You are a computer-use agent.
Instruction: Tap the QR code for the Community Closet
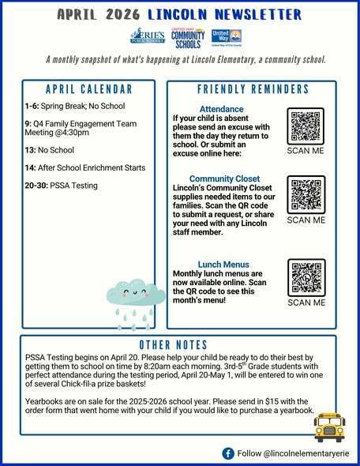(x=306, y=195)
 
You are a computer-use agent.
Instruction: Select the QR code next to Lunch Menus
(x=306, y=276)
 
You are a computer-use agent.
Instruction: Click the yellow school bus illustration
(x=328, y=427)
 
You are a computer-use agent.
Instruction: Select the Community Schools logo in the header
(x=188, y=37)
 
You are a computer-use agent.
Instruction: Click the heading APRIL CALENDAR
(x=88, y=88)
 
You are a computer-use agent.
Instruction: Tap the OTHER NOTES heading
(x=173, y=345)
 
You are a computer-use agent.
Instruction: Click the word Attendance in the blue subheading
(x=222, y=109)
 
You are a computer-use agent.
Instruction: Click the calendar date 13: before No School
(x=31, y=150)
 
